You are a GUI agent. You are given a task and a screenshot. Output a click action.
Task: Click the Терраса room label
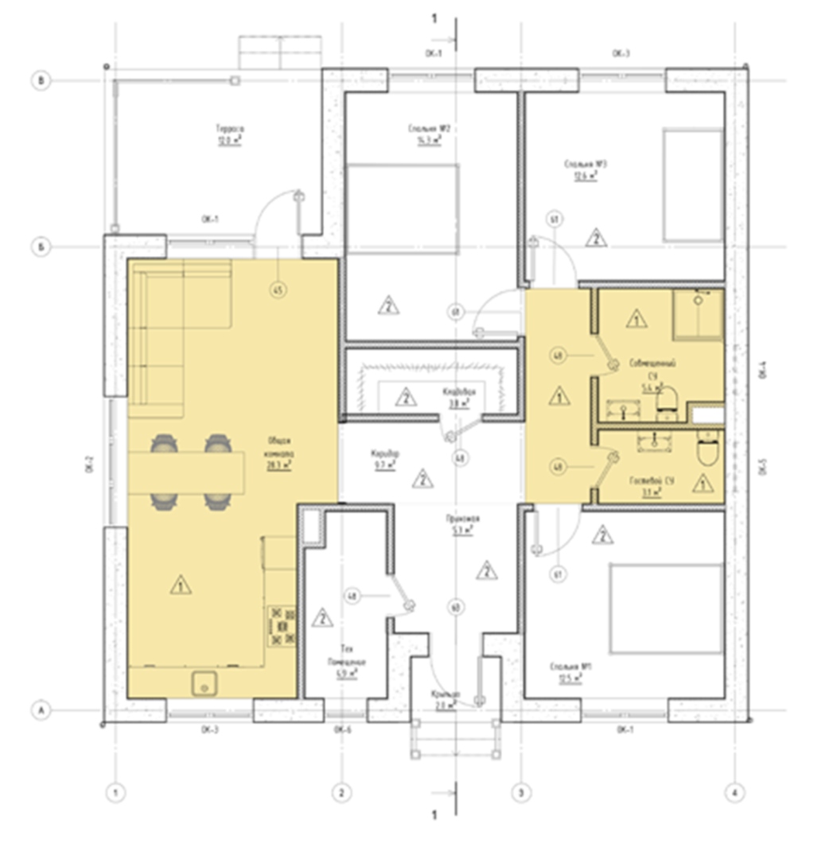coord(230,133)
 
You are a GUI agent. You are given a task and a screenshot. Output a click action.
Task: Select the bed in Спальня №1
coord(665,608)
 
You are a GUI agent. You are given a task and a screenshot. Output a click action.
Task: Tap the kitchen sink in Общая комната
coord(205,682)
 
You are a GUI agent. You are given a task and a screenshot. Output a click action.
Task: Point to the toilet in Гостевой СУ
coord(706,450)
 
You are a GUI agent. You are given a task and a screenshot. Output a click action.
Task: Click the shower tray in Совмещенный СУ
coord(699,314)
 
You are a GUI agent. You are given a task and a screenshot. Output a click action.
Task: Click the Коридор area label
coord(385,459)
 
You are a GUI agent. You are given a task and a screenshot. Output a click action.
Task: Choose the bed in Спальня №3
coord(693,185)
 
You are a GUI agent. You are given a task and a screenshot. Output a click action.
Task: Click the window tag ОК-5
coord(761,467)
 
